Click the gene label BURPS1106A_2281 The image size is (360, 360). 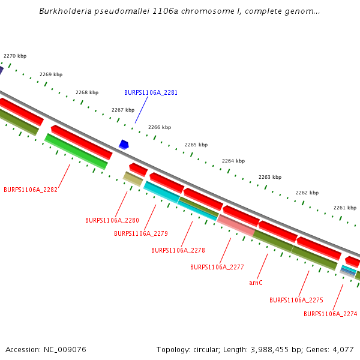coord(151,92)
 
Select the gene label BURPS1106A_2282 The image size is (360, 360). coord(31,190)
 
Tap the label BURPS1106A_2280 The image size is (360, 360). coord(112,220)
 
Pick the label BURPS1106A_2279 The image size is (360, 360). coord(141,233)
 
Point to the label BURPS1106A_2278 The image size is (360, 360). coord(178,250)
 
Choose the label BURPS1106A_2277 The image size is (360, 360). coord(217,267)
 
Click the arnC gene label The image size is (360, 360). coord(256,283)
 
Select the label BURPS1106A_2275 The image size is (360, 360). coord(296,300)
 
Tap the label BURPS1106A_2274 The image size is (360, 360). coord(331,314)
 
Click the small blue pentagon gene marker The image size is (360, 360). coord(124,145)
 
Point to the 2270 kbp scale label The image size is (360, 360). coord(15,56)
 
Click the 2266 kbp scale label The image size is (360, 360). coord(160,127)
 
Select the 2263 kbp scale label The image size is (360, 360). coord(270,177)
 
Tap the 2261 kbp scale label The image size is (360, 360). coord(345,208)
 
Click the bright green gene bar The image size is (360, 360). coord(76,151)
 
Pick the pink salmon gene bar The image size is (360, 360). coord(236,224)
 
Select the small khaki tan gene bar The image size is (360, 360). coord(133,178)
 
